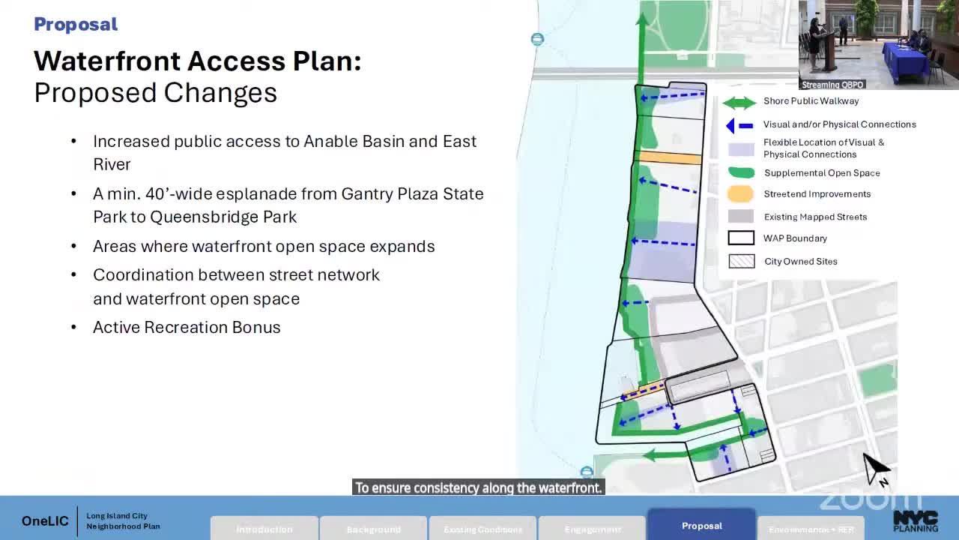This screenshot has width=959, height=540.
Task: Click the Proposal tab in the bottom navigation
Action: (701, 526)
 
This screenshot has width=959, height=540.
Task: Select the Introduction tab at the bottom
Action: (264, 529)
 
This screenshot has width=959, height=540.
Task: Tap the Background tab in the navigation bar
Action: (373, 529)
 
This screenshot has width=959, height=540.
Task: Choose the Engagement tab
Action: (592, 529)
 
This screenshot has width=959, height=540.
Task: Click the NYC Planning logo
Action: (915, 521)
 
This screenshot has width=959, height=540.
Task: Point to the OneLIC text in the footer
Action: (45, 521)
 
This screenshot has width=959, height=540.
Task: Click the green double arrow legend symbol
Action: (739, 103)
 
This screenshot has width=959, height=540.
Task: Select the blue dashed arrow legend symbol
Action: (739, 126)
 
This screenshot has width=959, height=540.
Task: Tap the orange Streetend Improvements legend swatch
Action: (740, 194)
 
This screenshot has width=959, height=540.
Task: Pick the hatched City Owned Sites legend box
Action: (741, 262)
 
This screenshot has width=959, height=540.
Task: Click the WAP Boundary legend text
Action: (795, 238)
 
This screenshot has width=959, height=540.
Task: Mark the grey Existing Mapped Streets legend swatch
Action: (740, 217)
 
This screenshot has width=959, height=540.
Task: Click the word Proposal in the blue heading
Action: (76, 24)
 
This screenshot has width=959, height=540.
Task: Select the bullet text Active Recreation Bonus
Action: (187, 327)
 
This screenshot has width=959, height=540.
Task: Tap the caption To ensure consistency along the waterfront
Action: (478, 487)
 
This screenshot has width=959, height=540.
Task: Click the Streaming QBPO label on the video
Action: (833, 85)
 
